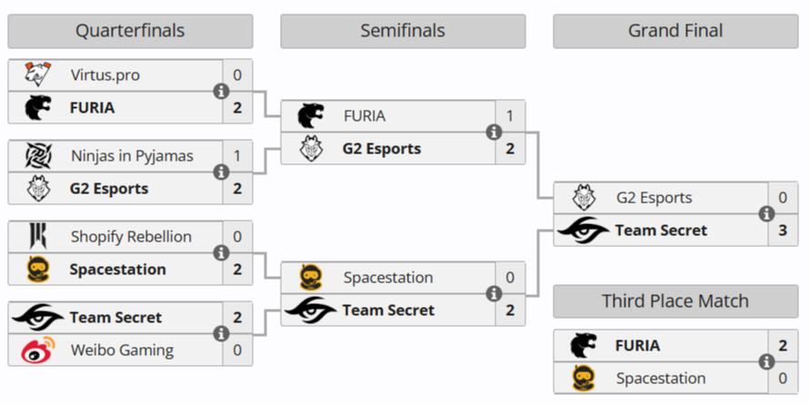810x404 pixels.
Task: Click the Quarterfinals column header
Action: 130,31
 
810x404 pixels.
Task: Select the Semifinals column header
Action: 403,31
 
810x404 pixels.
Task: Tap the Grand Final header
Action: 675,31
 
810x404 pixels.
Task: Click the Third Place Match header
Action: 675,301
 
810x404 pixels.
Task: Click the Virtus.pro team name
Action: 105,75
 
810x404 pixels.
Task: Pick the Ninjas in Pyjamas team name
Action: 132,156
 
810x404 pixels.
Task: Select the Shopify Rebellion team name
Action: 131,237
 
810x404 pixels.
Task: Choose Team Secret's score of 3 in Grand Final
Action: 783,230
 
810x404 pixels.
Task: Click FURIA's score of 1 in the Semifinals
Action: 510,116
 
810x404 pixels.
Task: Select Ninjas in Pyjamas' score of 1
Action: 237,156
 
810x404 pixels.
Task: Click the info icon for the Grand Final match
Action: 766,214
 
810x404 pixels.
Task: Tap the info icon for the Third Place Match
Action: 766,361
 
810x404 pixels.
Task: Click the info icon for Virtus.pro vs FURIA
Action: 221,91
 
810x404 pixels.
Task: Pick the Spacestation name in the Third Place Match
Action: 661,378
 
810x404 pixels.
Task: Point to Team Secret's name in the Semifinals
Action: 388,310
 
